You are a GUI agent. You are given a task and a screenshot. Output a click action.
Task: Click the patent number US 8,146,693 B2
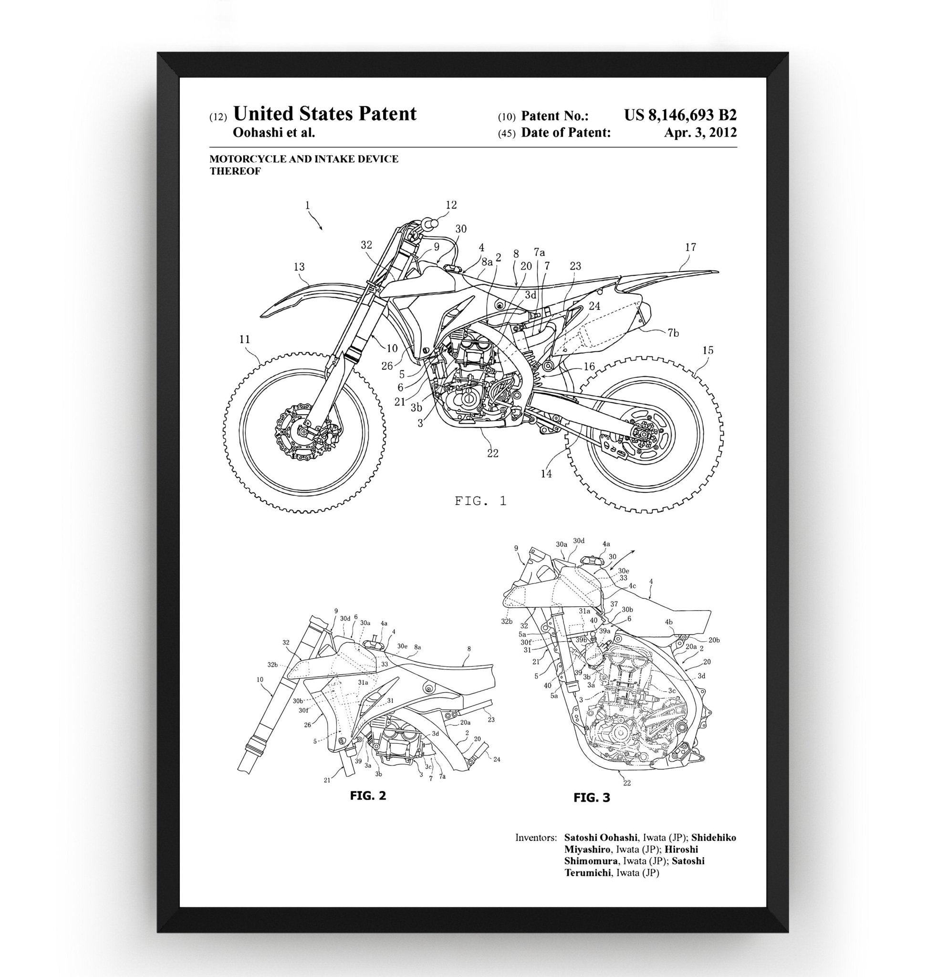680,115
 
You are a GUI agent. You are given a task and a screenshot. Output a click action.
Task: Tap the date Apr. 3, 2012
700,132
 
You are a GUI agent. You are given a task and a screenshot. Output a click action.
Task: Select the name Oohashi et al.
273,132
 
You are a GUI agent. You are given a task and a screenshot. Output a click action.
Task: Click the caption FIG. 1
480,500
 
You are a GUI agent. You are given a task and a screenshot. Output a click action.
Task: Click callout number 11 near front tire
245,339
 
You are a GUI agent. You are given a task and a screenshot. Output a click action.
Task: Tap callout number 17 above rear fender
690,247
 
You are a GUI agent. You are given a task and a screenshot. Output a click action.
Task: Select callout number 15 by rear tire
708,350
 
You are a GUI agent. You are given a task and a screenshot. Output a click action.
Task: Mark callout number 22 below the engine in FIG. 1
492,453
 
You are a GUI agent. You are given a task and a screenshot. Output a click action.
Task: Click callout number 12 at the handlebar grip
451,204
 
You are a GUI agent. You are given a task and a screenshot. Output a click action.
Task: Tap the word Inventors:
536,837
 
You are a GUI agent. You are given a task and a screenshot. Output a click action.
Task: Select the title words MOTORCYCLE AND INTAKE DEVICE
303,159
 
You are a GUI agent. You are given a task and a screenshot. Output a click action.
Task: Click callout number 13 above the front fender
299,267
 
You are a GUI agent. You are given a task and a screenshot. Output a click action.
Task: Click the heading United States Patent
324,114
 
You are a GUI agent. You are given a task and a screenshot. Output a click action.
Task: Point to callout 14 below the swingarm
546,474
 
